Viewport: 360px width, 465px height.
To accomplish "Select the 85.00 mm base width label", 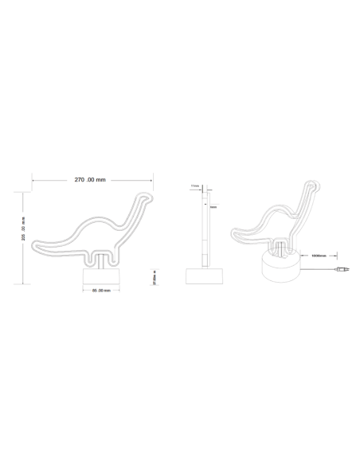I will [x=100, y=291].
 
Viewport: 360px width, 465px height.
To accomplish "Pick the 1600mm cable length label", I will [x=319, y=256].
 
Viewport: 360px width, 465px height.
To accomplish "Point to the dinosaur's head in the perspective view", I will [x=313, y=191].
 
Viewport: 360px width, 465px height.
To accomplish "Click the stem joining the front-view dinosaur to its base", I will [x=101, y=261].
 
